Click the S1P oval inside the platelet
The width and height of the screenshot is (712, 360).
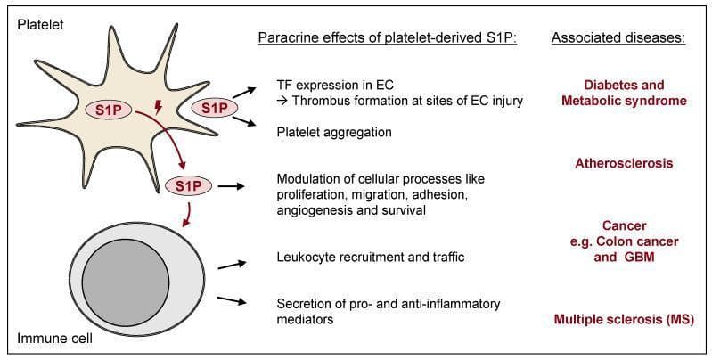(x=109, y=110)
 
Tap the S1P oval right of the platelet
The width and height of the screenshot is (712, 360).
(x=215, y=108)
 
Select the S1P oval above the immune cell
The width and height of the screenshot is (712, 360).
(x=188, y=186)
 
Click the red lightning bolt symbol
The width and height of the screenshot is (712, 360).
(x=158, y=107)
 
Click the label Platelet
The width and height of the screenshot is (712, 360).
(x=40, y=25)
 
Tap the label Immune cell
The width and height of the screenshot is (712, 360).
(x=55, y=339)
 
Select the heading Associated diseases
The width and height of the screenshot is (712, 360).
(x=618, y=38)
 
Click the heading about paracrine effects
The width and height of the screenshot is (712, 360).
(x=389, y=38)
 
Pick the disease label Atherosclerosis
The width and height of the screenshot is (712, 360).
(x=624, y=163)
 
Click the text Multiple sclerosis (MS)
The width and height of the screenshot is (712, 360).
(x=624, y=320)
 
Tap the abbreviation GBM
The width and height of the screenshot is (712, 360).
(x=637, y=258)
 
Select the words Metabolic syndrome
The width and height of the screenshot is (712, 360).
(x=624, y=101)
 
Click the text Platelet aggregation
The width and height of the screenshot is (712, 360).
(x=334, y=133)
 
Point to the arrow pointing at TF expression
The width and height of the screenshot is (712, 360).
(x=243, y=93)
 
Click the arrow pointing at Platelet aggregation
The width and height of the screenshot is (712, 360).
(x=244, y=121)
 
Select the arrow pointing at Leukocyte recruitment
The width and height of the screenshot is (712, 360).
(x=232, y=265)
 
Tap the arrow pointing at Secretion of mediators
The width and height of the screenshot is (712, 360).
(x=232, y=300)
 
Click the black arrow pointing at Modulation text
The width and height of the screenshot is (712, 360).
(x=231, y=186)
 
